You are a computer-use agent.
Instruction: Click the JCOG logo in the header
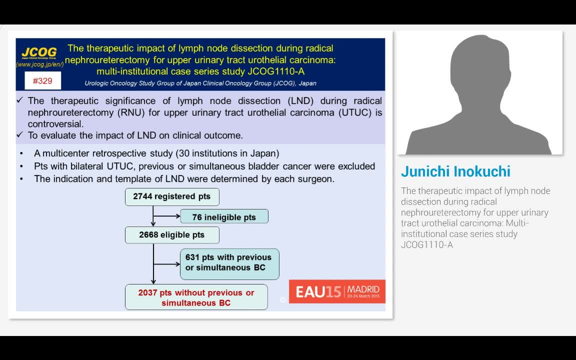tap(39, 52)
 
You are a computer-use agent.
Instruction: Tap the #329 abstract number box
tap(42, 81)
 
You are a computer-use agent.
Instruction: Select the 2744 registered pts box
tap(172, 196)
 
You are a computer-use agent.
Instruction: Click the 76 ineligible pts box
tap(223, 217)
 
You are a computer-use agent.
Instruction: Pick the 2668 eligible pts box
tap(172, 235)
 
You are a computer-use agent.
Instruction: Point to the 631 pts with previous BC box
tap(229, 262)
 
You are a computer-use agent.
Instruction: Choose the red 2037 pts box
tap(196, 297)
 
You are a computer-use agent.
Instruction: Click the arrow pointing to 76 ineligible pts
tap(167, 216)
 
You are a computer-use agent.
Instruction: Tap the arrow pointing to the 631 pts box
tap(167, 263)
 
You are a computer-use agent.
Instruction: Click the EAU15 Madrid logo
tap(337, 291)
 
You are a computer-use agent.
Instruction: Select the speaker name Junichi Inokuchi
tap(455, 171)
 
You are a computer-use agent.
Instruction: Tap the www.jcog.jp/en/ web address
tap(40, 64)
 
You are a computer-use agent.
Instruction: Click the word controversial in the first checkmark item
tap(55, 124)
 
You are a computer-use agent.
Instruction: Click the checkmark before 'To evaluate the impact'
tap(20, 135)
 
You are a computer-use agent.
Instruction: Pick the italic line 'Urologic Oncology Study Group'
tap(200, 83)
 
